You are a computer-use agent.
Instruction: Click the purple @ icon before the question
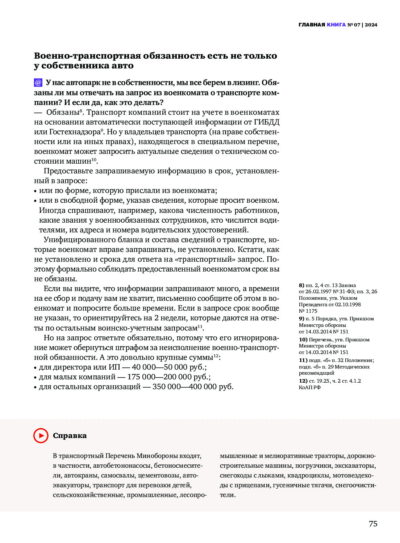coord(38,83)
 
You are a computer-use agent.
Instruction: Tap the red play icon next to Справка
coord(41,435)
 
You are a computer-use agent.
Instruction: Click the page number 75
coord(373,524)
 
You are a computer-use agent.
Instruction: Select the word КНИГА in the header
coord(336,25)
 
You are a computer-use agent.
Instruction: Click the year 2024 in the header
coord(371,25)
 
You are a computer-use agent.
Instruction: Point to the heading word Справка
coord(70,435)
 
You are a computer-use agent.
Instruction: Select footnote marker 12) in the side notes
coord(303,381)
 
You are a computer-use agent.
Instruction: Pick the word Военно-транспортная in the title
coord(87,56)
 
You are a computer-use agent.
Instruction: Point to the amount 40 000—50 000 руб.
coord(169,367)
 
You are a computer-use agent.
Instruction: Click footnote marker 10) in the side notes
coord(303,340)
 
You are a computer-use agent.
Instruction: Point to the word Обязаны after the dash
coord(63,112)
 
